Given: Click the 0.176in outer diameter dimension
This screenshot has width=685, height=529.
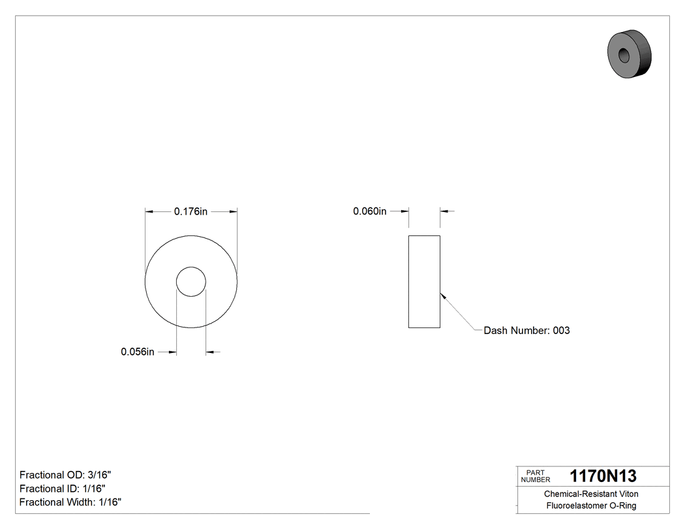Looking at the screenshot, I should [x=190, y=211].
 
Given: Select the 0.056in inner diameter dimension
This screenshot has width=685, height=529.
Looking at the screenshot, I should [x=138, y=352].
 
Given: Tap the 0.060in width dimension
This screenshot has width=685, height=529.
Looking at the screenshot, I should [x=370, y=211].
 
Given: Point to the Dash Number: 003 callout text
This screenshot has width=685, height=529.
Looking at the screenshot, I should [x=526, y=331].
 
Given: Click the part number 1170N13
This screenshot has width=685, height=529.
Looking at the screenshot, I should [x=603, y=476].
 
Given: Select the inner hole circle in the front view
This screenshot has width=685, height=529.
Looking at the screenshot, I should [x=191, y=281].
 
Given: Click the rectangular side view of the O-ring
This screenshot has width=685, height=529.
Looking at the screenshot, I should [x=424, y=281].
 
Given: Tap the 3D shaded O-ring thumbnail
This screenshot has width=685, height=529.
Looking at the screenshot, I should [x=629, y=53].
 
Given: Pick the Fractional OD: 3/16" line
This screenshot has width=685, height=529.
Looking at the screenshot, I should [x=61, y=475].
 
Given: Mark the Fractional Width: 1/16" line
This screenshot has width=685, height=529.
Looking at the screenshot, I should [x=70, y=502].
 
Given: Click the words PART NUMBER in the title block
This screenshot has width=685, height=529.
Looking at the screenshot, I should [x=536, y=476].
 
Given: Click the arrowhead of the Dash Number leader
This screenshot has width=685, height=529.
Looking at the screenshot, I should [x=443, y=294].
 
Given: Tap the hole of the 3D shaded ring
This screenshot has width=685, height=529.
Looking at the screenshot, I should [x=623, y=54].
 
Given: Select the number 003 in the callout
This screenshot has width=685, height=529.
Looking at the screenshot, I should [x=561, y=331].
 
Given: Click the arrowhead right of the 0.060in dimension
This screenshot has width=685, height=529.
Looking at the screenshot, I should [x=444, y=211].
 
